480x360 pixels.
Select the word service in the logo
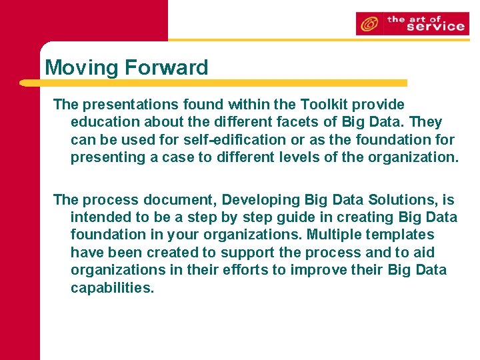(435, 27)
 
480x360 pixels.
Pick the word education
(103, 123)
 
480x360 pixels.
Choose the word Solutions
(398, 200)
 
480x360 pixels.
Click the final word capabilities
(112, 288)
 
